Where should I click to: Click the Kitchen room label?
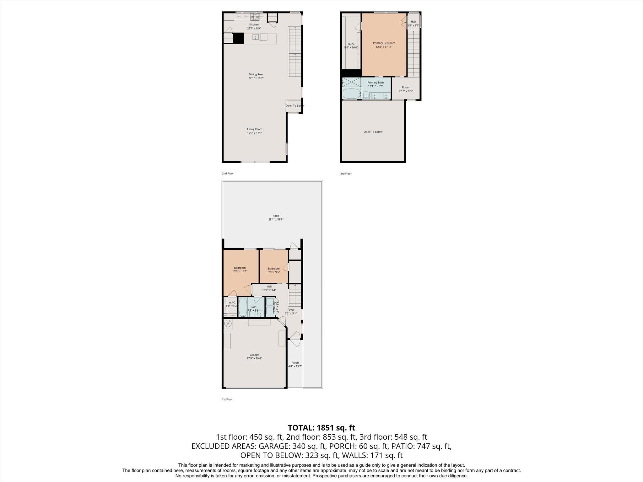(x=254, y=24)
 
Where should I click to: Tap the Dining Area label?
(x=256, y=74)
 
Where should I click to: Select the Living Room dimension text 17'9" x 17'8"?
(x=254, y=133)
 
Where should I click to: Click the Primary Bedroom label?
(x=384, y=43)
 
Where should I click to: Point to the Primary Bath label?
(x=376, y=83)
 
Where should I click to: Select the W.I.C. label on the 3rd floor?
(x=351, y=44)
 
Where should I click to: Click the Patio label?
(x=276, y=216)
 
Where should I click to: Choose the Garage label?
(x=254, y=355)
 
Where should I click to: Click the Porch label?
(x=295, y=363)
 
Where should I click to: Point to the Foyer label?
(x=291, y=310)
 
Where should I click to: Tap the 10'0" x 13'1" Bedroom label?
(x=240, y=268)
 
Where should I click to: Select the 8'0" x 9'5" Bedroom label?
(x=273, y=269)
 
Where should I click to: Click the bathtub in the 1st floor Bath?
(x=243, y=307)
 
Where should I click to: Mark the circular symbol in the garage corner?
(x=228, y=324)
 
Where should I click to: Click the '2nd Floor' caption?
(x=228, y=174)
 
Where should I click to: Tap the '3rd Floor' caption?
(x=346, y=174)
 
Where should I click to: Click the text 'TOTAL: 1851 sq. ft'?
(x=321, y=428)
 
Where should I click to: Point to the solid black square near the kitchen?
(x=238, y=38)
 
